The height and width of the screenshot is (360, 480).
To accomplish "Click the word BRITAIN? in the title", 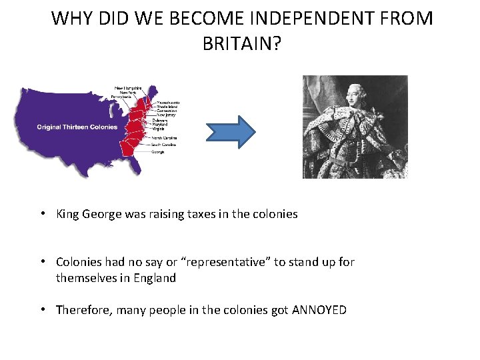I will click(x=242, y=44).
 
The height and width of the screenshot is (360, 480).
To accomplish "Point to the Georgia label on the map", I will click(x=158, y=152).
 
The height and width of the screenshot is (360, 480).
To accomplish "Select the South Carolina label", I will click(x=164, y=145).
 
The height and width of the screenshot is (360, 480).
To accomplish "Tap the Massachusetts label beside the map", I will click(x=168, y=102).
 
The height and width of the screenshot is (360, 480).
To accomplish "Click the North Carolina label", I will click(x=164, y=138).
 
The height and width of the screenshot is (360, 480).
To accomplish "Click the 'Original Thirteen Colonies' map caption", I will click(x=77, y=127).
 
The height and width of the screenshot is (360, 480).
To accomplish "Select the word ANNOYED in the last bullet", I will click(x=319, y=310).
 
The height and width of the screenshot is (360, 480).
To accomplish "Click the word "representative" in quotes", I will click(x=217, y=262).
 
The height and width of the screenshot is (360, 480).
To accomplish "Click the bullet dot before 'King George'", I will click(x=42, y=214).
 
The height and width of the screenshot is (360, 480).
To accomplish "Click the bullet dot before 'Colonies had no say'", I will click(x=42, y=262).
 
